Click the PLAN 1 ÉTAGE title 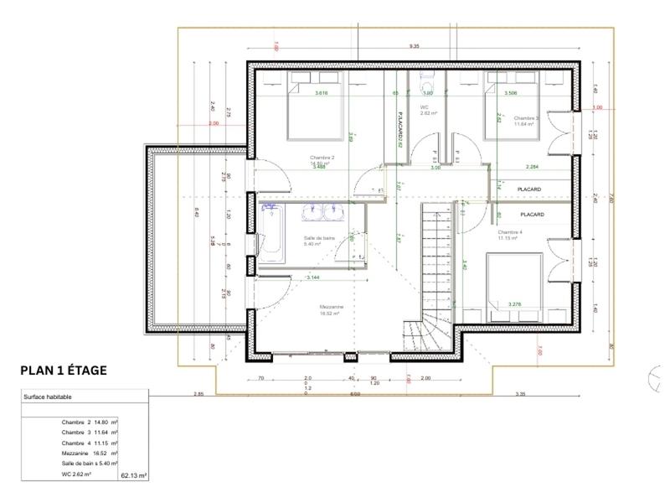63,370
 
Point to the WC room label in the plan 425,108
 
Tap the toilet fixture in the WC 425,86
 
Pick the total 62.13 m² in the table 134,474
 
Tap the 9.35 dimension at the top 414,48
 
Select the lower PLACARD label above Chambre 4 530,215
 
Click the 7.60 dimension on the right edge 611,199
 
